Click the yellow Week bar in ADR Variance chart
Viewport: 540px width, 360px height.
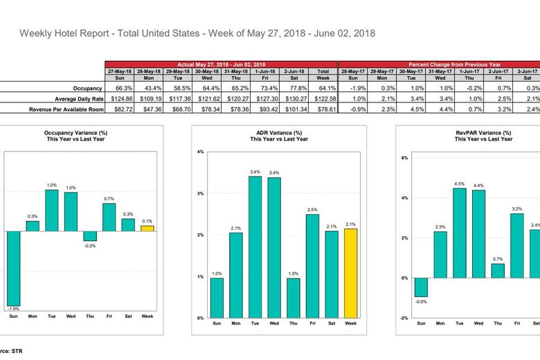tap(351, 273)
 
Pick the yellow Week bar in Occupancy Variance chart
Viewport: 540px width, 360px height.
tap(147, 228)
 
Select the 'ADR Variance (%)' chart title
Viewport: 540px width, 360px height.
tap(279, 133)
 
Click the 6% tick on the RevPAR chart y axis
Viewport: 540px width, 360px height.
tap(405, 158)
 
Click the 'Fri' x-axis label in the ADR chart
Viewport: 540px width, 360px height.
tap(312, 323)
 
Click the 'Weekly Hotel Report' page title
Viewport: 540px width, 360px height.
tap(197, 33)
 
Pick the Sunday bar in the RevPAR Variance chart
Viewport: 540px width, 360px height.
tap(421, 287)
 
